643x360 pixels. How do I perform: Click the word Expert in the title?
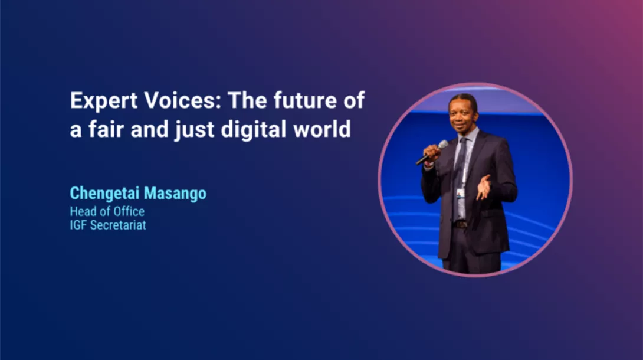[103, 101]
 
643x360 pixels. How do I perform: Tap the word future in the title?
[305, 100]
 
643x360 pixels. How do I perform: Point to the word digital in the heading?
[254, 130]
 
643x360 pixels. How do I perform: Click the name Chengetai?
[104, 194]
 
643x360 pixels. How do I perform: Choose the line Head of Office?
[107, 211]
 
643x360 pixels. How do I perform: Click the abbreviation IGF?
[78, 225]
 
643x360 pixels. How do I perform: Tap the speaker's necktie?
[460, 172]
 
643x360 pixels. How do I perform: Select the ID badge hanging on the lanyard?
[461, 194]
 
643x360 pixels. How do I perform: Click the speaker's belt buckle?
[461, 224]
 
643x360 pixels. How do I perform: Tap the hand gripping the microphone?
[431, 154]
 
